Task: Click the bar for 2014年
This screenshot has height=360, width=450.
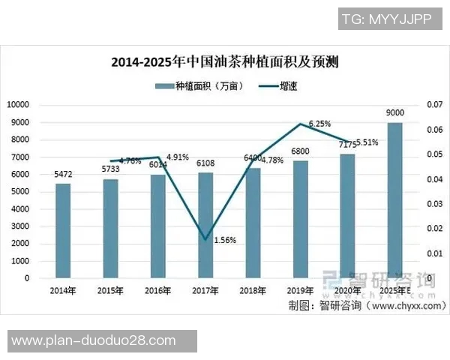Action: pos(63,231)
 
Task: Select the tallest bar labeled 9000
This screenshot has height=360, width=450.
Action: pos(394,200)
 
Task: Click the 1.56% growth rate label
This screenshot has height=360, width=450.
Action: pos(225,240)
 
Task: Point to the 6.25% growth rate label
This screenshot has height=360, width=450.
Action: pos(319,124)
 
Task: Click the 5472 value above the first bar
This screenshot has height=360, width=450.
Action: pos(63,175)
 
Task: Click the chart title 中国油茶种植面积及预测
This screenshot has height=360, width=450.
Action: pos(225,61)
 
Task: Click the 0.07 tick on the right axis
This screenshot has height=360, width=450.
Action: pos(434,105)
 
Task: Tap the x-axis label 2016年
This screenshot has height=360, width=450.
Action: pos(158,290)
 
